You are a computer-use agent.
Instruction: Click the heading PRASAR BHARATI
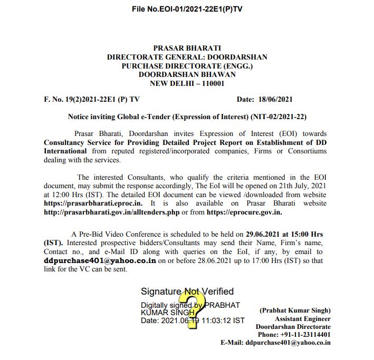pos(187,48)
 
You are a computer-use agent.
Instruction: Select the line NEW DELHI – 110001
pos(187,83)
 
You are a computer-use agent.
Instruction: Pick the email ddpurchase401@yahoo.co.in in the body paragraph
pos(99,260)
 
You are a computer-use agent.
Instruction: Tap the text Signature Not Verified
pos(187,291)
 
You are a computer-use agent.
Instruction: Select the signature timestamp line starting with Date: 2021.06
pos(192,320)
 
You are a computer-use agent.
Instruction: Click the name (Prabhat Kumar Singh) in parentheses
pos(295,310)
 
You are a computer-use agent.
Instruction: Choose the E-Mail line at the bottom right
pos(275,342)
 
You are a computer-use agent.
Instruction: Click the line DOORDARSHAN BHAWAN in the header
pos(187,74)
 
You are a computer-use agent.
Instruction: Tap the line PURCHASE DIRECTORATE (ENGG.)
pos(187,66)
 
